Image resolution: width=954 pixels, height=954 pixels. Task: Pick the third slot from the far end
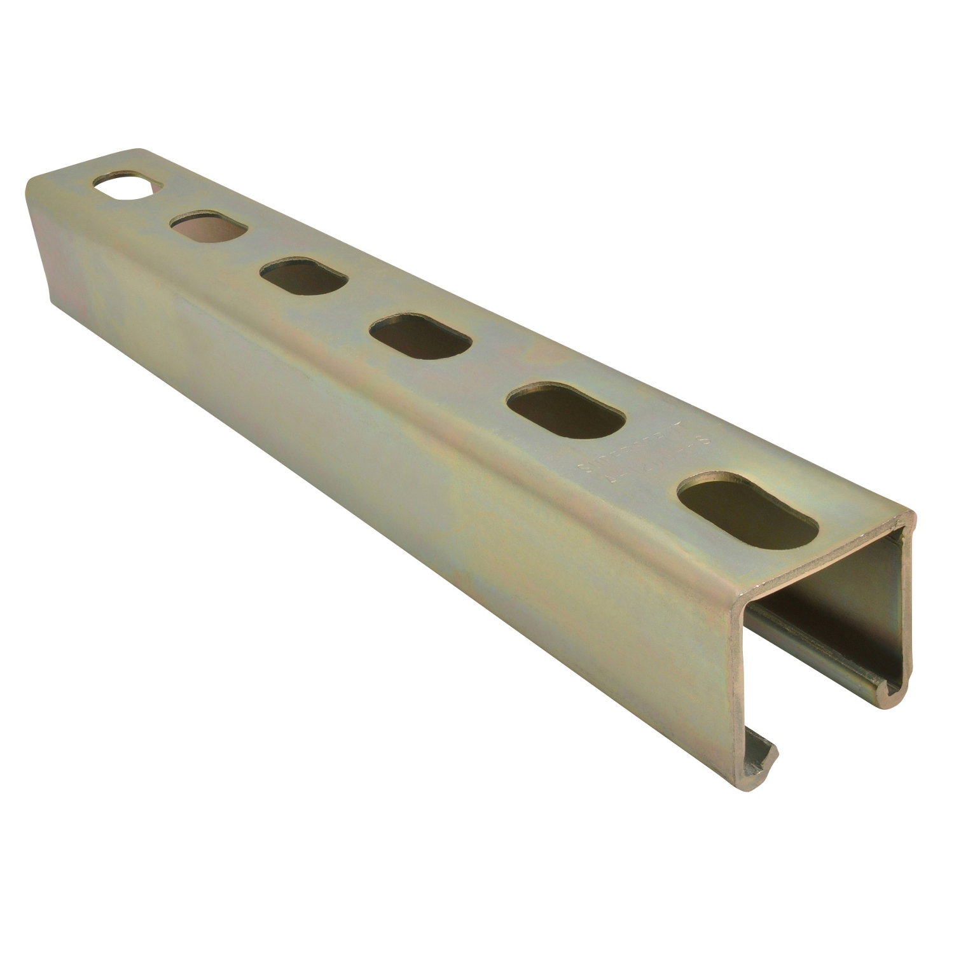pos(303,276)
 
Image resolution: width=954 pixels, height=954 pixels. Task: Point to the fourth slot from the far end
pos(420,335)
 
